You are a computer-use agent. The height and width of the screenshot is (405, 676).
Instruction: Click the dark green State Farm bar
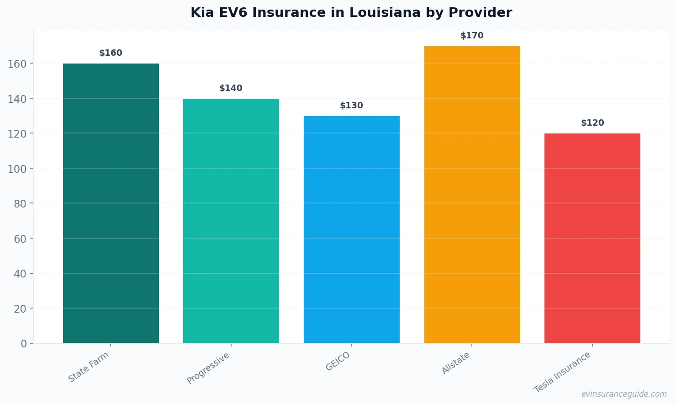[111, 203]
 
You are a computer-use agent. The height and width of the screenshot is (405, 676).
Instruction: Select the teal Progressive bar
[231, 221]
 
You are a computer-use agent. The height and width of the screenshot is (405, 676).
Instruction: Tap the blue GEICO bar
[352, 229]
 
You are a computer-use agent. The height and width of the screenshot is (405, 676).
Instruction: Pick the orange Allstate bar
[472, 195]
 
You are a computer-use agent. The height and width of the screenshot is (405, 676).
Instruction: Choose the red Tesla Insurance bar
[592, 238]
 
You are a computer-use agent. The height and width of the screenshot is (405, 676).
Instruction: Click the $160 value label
[111, 53]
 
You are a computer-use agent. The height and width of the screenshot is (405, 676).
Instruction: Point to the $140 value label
[231, 88]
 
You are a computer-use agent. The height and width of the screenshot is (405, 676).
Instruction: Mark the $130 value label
[352, 106]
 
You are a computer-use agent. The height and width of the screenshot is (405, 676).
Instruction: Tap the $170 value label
[472, 36]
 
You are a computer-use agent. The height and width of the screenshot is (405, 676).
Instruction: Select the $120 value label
[592, 123]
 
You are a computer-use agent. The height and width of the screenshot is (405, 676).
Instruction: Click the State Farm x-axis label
[89, 367]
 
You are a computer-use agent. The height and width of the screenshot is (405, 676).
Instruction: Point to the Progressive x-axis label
[208, 368]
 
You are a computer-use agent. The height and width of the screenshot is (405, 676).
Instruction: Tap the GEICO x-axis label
[338, 361]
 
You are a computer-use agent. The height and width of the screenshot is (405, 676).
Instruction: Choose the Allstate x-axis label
[456, 363]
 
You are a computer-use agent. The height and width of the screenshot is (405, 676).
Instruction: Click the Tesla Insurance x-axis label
[562, 372]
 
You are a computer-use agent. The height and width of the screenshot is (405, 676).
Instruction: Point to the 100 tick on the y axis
[17, 169]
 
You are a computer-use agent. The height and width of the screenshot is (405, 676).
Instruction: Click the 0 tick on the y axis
[24, 344]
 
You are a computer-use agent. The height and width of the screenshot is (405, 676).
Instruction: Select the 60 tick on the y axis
[20, 239]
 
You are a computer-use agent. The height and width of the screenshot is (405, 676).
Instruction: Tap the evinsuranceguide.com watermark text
[624, 394]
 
